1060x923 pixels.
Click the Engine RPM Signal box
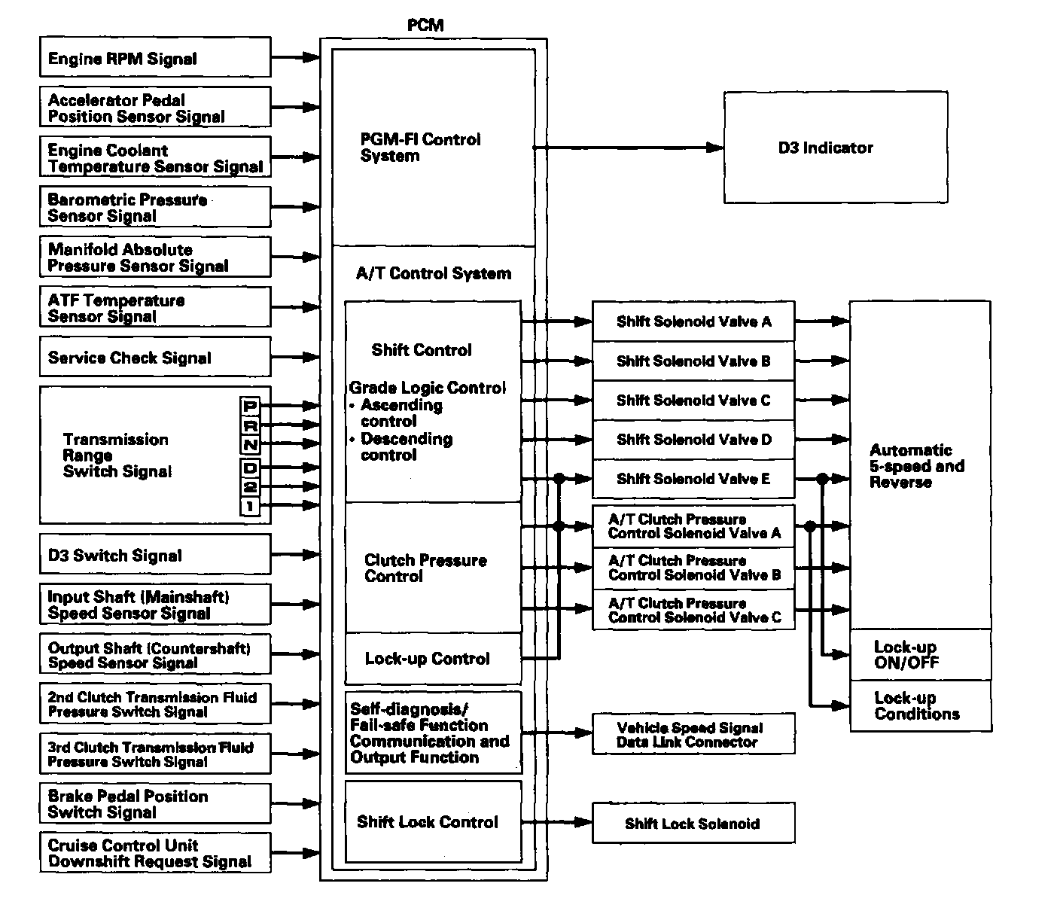click(x=154, y=58)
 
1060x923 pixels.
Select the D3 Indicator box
click(x=835, y=148)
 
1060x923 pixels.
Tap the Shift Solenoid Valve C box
click(x=693, y=401)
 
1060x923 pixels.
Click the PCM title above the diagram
click(x=425, y=25)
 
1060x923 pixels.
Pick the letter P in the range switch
click(x=250, y=407)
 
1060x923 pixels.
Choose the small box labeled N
click(x=250, y=445)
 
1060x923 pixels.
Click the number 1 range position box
click(x=250, y=507)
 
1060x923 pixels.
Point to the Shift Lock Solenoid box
click(x=693, y=823)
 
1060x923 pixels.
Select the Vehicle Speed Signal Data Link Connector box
click(x=693, y=734)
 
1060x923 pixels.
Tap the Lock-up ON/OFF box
click(x=920, y=655)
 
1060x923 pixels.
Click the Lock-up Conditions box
click(x=920, y=706)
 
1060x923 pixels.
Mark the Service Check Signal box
click(x=154, y=357)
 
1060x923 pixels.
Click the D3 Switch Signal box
click(x=154, y=555)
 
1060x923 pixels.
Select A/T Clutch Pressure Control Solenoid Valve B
click(x=693, y=568)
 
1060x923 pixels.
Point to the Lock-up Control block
click(x=432, y=659)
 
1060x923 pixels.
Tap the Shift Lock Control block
click(x=432, y=821)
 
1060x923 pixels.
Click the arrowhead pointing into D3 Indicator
click(x=716, y=148)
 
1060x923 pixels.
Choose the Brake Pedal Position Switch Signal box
click(x=154, y=804)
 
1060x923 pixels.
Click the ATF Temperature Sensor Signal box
click(x=154, y=307)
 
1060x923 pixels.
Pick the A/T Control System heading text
click(x=433, y=273)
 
